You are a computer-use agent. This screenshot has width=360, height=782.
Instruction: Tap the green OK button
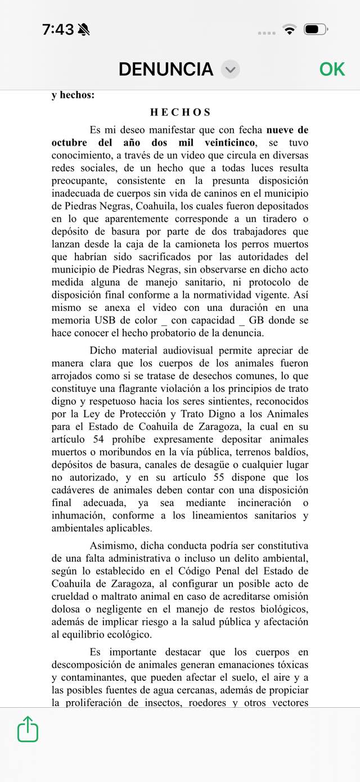[332, 69]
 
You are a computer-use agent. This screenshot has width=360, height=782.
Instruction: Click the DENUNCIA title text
[166, 69]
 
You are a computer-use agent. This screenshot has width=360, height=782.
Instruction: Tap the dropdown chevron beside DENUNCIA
[230, 70]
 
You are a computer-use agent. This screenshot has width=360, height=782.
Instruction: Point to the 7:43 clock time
[58, 29]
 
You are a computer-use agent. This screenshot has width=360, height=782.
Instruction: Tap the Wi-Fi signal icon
[290, 29]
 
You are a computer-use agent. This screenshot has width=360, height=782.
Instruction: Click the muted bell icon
[84, 29]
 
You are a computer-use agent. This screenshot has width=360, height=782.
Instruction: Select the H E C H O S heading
[180, 112]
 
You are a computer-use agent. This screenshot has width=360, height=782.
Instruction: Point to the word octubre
[71, 142]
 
